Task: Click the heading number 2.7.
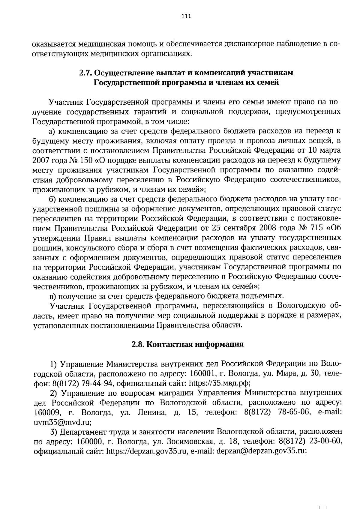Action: (85, 73)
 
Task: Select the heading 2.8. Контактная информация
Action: (187, 344)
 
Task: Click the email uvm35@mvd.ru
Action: (62, 422)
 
